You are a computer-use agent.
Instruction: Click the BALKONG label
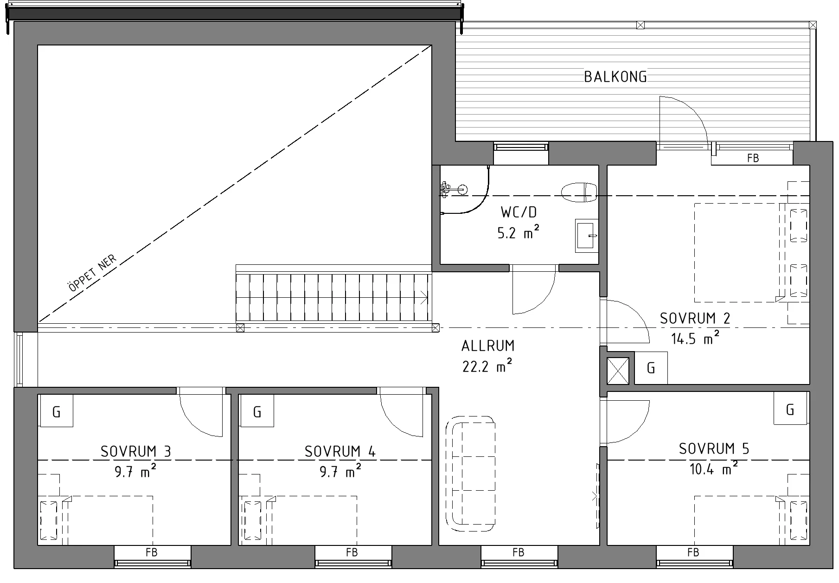(x=615, y=77)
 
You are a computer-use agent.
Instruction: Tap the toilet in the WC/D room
(x=579, y=192)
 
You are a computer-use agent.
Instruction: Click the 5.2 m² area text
(x=519, y=232)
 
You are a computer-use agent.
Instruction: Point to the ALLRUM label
(x=488, y=346)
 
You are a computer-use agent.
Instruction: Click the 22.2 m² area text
(x=487, y=366)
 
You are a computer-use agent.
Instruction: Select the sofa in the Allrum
(x=470, y=474)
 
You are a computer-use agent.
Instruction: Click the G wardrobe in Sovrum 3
(x=56, y=411)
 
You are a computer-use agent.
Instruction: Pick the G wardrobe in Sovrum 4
(x=257, y=411)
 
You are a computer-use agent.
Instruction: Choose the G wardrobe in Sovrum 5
(x=791, y=409)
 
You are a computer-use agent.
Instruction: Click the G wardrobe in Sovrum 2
(x=651, y=368)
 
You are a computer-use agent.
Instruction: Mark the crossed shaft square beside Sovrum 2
(x=618, y=371)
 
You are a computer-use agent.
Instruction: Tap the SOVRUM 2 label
(x=695, y=319)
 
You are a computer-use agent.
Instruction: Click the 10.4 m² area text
(x=714, y=469)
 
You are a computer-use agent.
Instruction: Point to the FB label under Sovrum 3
(x=151, y=552)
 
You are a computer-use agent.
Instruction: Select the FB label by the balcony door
(x=753, y=158)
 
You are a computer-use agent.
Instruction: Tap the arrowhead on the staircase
(x=424, y=296)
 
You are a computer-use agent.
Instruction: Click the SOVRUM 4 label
(x=340, y=451)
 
